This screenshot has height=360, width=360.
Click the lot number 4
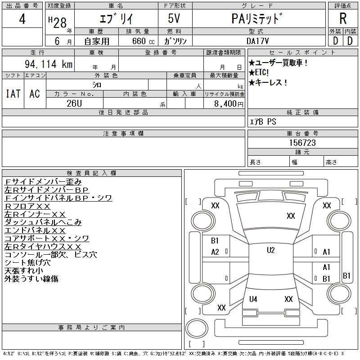(x=22, y=19)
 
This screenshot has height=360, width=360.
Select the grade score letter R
(x=343, y=18)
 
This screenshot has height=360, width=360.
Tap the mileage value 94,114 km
(x=49, y=64)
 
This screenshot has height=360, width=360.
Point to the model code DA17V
(x=257, y=41)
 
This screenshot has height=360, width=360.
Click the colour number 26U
(x=74, y=103)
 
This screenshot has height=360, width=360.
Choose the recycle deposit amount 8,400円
(x=229, y=104)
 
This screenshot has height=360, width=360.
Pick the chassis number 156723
(x=302, y=143)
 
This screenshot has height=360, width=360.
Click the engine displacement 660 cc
(x=144, y=41)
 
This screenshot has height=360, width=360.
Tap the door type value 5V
(x=174, y=18)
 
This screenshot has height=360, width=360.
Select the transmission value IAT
(x=13, y=94)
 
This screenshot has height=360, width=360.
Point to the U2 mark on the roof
(x=271, y=250)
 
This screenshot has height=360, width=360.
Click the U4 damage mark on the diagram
(x=253, y=299)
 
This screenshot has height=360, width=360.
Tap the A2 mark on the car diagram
(x=215, y=252)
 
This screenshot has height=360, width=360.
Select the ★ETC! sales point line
(x=258, y=72)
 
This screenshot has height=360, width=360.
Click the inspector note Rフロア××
(x=27, y=206)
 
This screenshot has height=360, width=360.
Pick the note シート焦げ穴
(x=27, y=263)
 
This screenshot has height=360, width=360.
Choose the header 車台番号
(x=302, y=133)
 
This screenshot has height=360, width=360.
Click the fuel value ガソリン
(x=175, y=41)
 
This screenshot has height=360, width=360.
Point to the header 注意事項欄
(x=123, y=133)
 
